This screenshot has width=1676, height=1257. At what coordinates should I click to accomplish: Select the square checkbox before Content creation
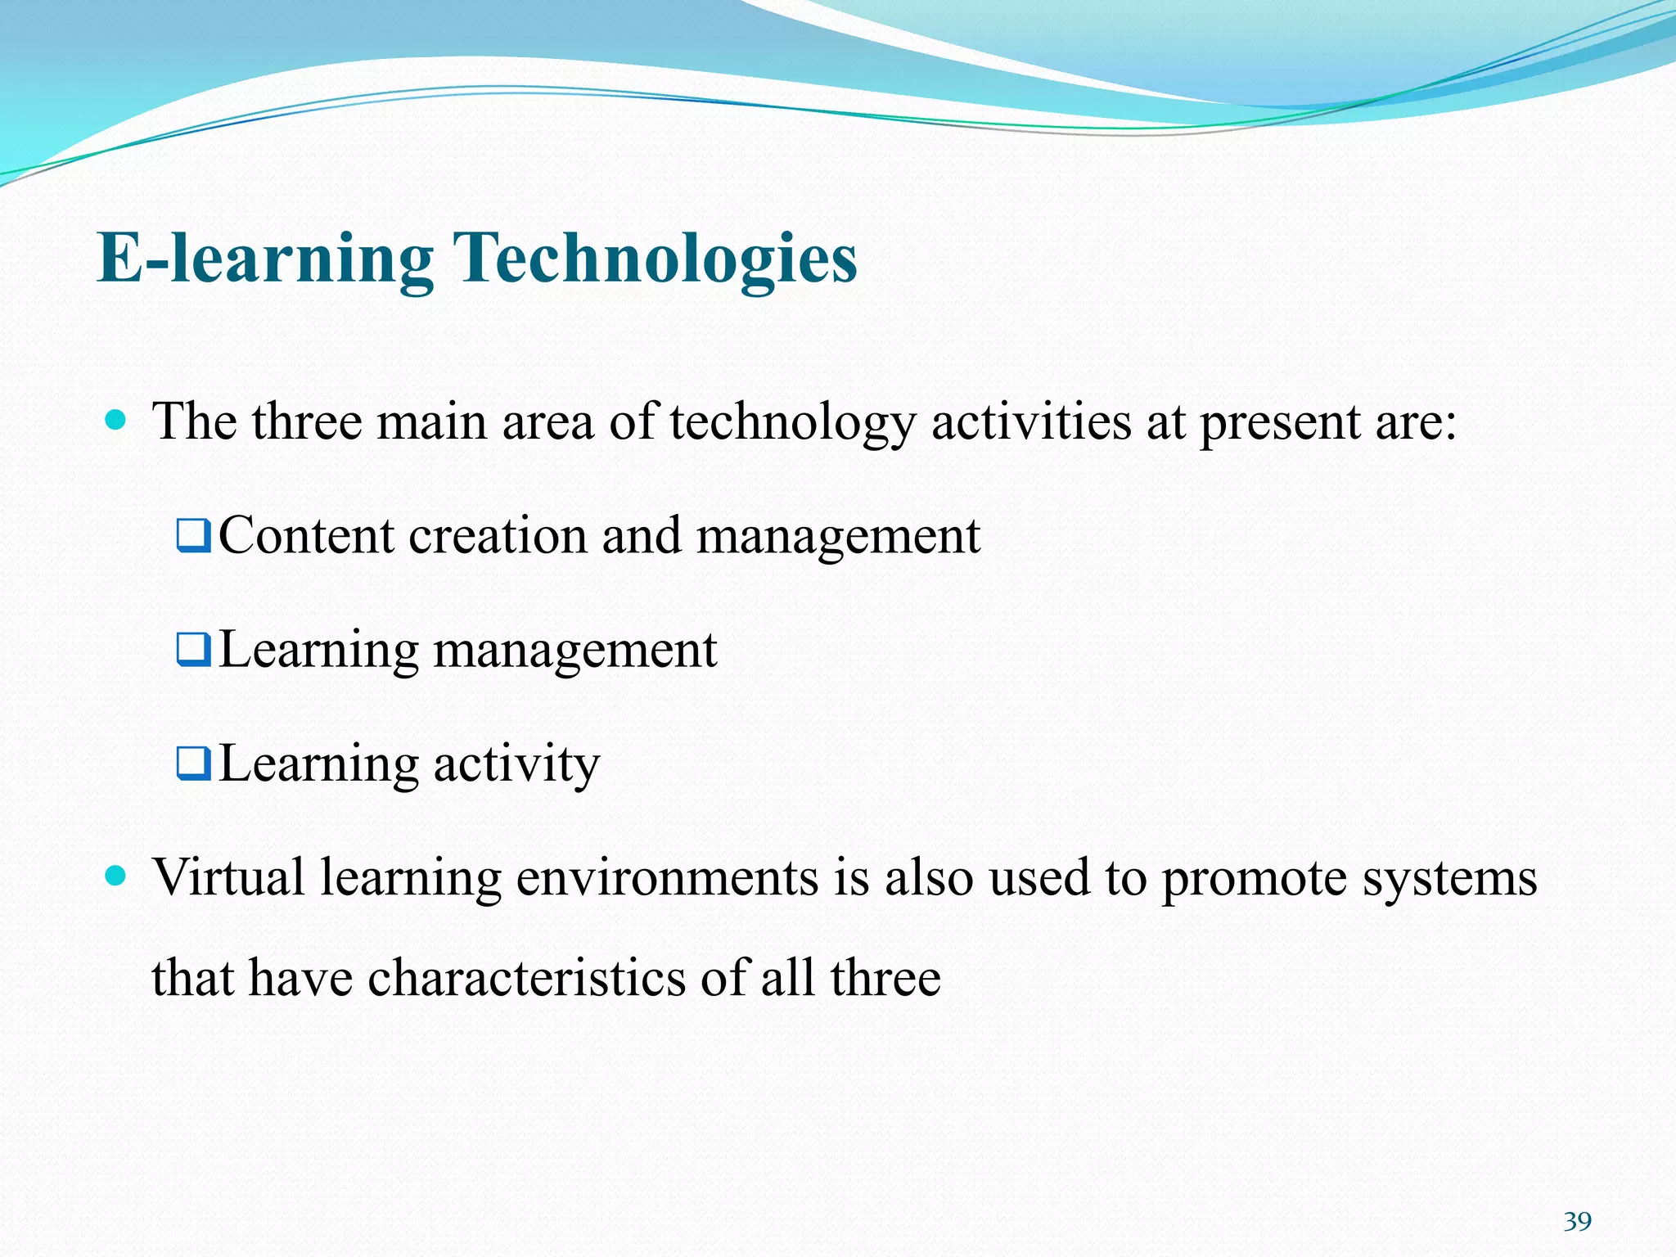[194, 536]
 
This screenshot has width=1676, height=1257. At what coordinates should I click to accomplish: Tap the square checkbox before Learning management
[194, 650]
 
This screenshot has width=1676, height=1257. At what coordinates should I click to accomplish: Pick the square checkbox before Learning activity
[194, 764]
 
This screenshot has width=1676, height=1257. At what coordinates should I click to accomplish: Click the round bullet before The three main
[116, 421]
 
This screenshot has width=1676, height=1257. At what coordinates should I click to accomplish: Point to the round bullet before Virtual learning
[116, 876]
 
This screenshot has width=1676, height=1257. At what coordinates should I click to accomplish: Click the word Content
[306, 536]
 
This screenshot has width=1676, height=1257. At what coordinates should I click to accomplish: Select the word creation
[498, 536]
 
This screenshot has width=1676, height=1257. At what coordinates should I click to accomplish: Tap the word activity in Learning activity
[516, 765]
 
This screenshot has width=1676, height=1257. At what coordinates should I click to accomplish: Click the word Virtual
[229, 877]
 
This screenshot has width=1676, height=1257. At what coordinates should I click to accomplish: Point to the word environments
[667, 877]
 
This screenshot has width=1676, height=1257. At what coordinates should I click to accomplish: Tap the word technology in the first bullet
[792, 423]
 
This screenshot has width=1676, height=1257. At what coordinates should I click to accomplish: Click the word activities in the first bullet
[1031, 421]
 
